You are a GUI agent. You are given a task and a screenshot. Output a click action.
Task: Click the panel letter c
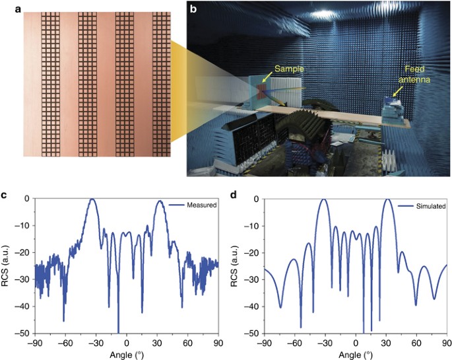point(5,196)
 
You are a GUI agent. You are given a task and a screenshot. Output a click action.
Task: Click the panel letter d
point(236,196)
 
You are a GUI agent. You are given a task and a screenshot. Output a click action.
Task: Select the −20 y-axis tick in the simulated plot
point(253,253)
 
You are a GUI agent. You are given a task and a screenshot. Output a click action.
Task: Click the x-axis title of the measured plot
point(127,355)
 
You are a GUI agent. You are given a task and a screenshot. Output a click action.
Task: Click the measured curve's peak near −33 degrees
point(93,199)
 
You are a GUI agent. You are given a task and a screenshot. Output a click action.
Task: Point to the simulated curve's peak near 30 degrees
point(388,199)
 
